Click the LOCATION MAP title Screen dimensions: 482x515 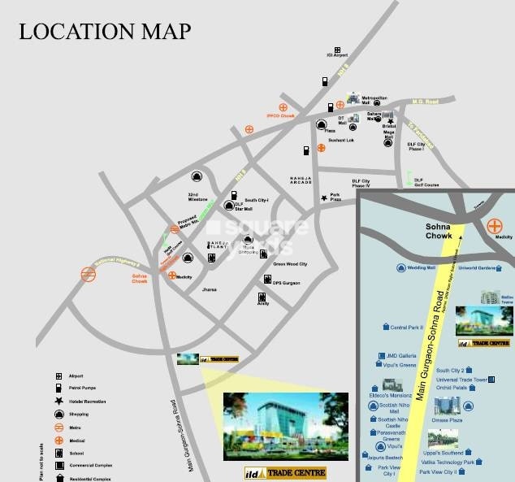click(105, 32)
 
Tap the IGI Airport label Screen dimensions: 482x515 click(337, 55)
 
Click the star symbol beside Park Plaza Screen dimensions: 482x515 click(324, 198)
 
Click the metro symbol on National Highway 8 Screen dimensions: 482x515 click(89, 275)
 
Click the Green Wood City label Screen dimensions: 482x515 click(290, 264)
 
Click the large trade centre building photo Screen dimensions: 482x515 click(285, 427)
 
